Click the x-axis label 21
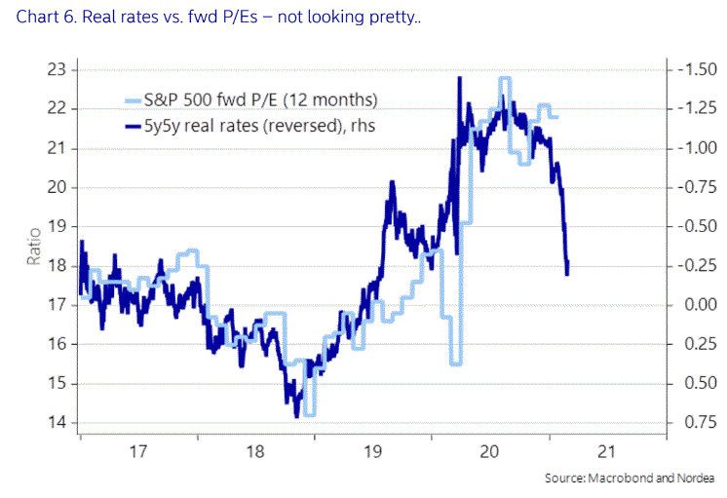point(608,451)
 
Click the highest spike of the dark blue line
point(458,78)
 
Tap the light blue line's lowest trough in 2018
point(309,414)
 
